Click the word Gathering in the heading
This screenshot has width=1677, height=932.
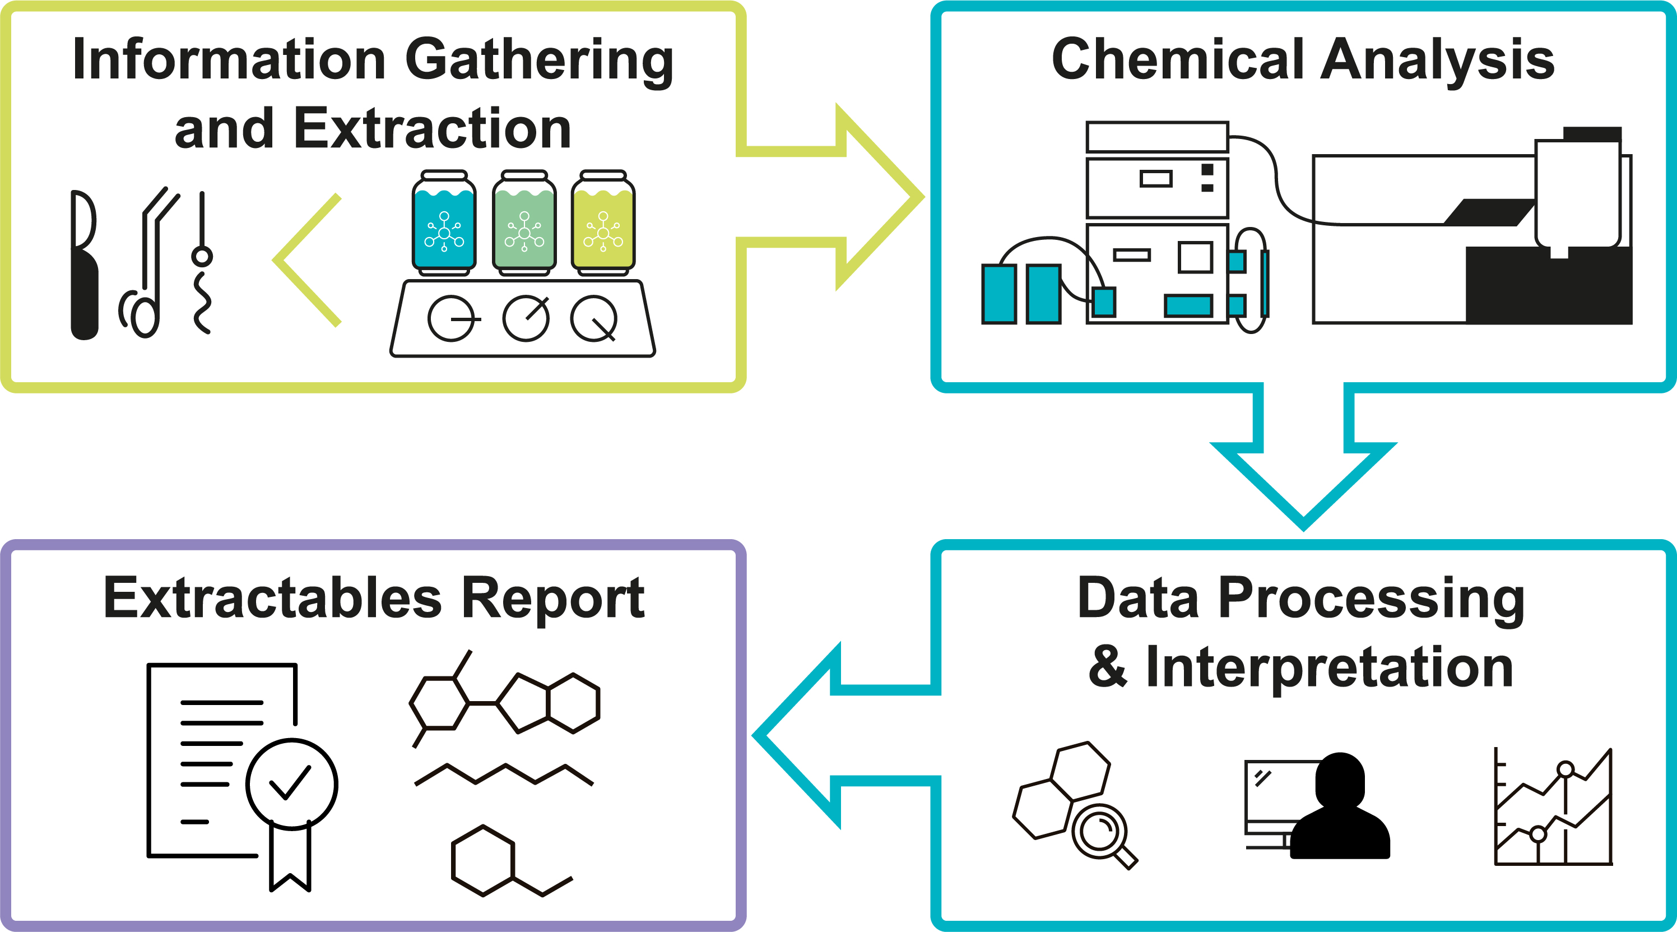[539, 61]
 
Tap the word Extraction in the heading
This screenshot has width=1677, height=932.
[432, 129]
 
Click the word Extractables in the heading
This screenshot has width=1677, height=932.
[273, 598]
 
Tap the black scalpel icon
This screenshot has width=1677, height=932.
[84, 265]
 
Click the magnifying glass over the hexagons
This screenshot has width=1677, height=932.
[1102, 834]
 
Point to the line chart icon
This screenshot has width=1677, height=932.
[1553, 808]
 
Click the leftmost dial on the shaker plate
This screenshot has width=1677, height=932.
[450, 318]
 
